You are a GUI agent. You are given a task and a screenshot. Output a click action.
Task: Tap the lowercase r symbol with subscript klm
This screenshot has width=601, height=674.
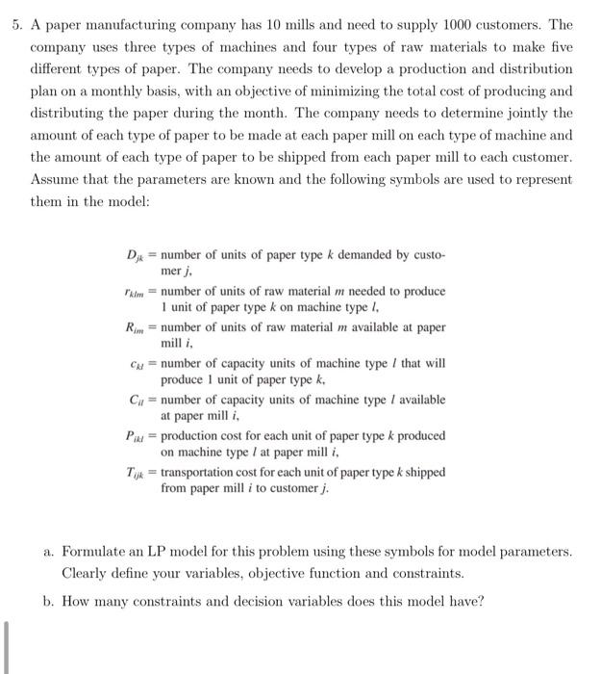click(136, 292)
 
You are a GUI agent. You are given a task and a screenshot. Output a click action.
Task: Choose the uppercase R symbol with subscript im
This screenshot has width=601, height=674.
click(136, 327)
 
